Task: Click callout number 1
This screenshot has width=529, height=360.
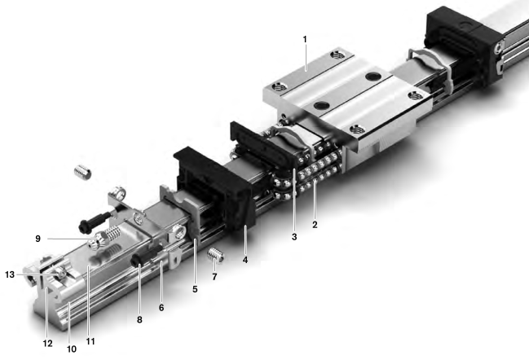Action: click(305, 39)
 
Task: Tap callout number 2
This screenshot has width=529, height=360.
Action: click(315, 225)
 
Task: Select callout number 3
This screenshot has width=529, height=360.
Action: click(294, 237)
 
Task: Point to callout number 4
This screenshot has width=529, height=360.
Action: click(245, 260)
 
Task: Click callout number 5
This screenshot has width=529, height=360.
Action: click(195, 289)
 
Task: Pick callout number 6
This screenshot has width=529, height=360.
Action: click(161, 307)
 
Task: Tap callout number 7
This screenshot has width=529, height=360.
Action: click(214, 277)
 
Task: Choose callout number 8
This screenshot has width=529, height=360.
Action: click(139, 319)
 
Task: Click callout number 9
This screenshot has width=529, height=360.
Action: click(37, 239)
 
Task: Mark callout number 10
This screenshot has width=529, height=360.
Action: click(72, 349)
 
